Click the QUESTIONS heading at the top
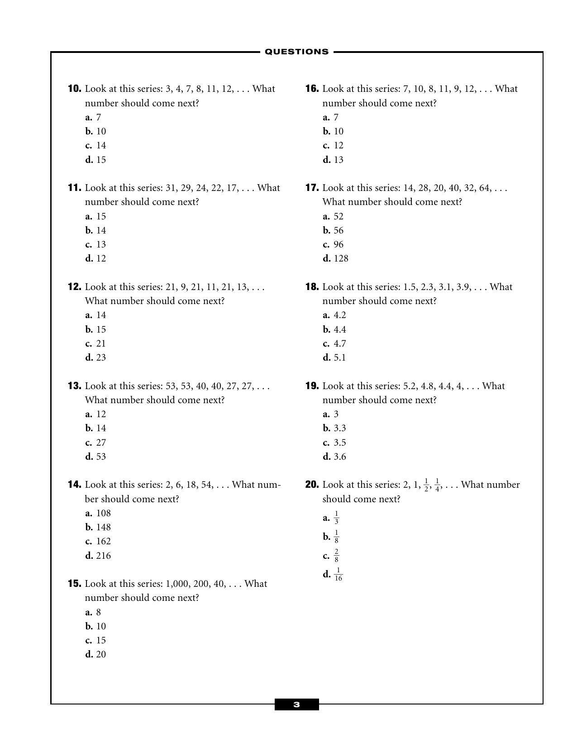coord(296,52)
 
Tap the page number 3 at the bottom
coord(296,704)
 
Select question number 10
coord(75,89)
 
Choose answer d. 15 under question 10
coord(96,160)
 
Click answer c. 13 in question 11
coord(96,244)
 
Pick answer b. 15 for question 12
coord(96,329)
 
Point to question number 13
coord(75,386)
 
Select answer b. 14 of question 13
coord(96,428)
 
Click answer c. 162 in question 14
coord(99,541)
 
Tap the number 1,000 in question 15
coord(178,584)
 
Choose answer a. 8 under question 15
coord(94,612)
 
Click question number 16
coord(312,89)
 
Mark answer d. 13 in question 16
coord(334,160)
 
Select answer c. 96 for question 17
coord(334,244)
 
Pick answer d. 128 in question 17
coord(336,258)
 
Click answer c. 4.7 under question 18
coord(334,343)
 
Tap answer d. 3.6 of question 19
coord(334,457)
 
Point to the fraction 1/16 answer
coord(338,574)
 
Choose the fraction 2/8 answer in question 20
coord(336,555)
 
